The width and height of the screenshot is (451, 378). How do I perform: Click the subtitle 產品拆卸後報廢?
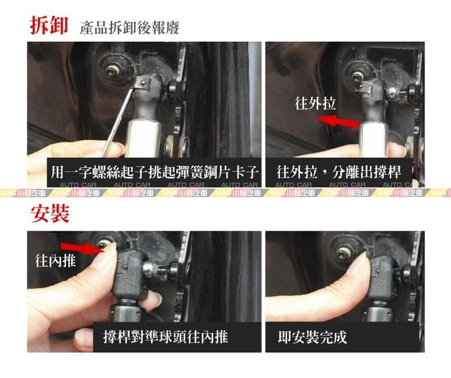[x=129, y=28]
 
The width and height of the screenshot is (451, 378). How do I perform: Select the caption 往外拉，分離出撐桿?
[x=345, y=171]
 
